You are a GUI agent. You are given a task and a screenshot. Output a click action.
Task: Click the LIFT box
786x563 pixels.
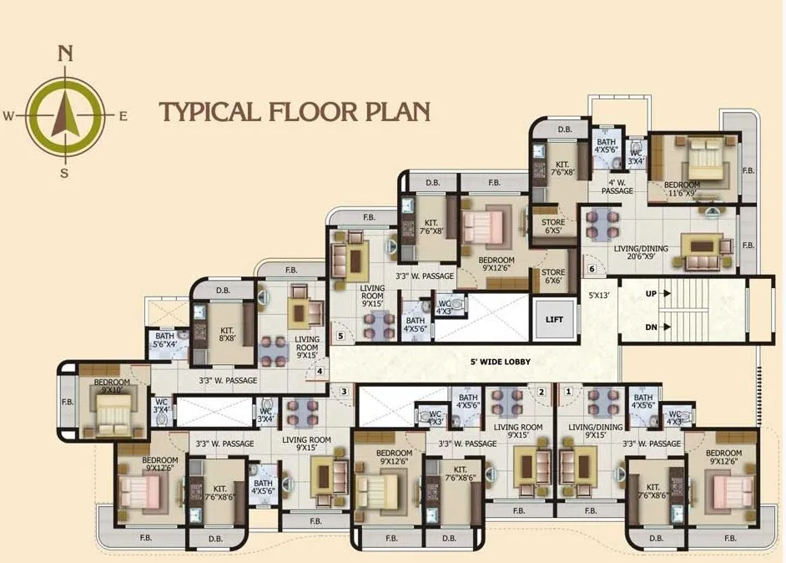[x=554, y=319]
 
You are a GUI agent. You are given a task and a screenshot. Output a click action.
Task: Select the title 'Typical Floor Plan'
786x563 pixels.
[x=295, y=112]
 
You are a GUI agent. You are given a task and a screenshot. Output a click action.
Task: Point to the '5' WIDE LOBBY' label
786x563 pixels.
[x=501, y=362]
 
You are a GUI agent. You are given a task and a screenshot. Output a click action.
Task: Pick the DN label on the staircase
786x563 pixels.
[x=652, y=327]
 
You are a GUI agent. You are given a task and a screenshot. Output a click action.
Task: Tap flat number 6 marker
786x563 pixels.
[x=592, y=268]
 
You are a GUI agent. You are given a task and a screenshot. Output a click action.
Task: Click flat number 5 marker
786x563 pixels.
[x=340, y=336]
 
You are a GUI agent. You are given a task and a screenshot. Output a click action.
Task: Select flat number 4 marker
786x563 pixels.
[x=319, y=372]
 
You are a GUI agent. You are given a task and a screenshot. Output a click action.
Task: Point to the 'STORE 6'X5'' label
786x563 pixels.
[x=553, y=226]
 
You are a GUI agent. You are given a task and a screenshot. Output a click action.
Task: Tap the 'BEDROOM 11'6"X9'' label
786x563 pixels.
[x=683, y=189]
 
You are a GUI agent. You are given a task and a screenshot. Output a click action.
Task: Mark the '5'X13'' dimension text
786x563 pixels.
[x=600, y=295]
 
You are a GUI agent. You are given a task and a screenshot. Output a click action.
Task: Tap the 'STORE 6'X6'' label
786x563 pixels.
[x=553, y=276]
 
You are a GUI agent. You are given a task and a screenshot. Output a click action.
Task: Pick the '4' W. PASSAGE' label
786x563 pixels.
[x=619, y=186]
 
